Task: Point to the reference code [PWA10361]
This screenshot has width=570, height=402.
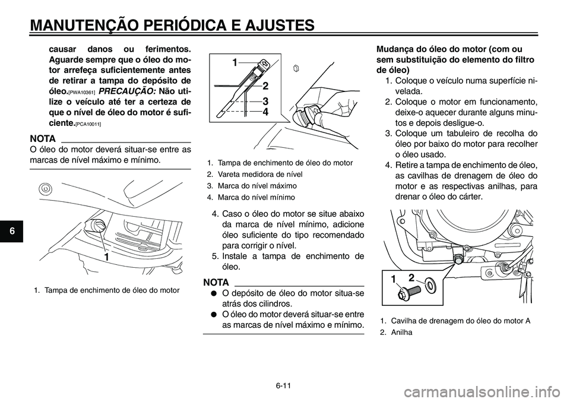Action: click(x=81, y=93)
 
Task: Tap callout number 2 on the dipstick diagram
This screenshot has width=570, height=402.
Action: click(x=265, y=86)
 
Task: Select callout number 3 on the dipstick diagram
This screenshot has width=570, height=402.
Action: click(x=265, y=101)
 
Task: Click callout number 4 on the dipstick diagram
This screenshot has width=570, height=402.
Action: click(x=265, y=111)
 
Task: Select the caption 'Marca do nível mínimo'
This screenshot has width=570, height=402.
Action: click(x=256, y=197)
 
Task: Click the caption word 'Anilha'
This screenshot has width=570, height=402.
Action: click(x=402, y=332)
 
